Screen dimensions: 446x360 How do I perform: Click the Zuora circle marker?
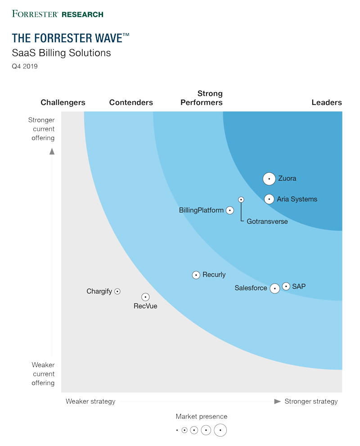269,179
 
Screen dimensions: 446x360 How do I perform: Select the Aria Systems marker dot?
269,199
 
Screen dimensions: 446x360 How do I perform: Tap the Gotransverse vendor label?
267,221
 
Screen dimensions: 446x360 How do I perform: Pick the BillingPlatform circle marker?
230,210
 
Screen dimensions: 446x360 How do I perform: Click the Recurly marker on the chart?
196,275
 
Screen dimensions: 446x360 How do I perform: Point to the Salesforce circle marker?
274,288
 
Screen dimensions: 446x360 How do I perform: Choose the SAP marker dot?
286,286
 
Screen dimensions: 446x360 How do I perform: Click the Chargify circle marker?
117,292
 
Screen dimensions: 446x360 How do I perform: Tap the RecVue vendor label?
145,306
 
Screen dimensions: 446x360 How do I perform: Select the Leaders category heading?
327,103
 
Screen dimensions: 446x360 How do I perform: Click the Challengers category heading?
63,103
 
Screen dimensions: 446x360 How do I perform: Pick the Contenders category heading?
131,103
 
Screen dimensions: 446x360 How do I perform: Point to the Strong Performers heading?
202,98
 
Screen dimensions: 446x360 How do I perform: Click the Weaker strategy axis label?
90,401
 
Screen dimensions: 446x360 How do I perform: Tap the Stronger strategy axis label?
311,401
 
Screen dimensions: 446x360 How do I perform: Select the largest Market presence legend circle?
220,430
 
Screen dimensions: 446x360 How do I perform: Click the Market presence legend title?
202,417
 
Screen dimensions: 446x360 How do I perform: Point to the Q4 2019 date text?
25,67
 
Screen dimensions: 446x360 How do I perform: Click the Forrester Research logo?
58,14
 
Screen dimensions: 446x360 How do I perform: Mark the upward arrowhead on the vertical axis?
52,151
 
